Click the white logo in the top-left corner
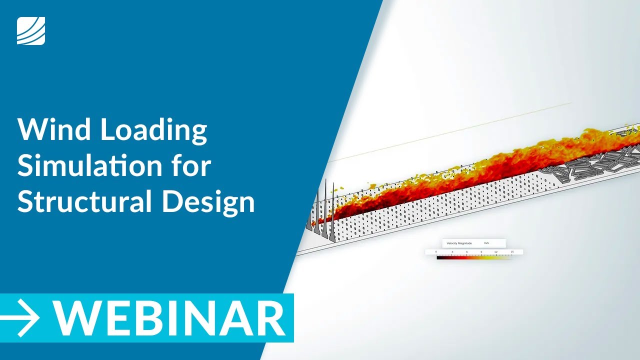(31, 31)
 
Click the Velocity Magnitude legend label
(459, 243)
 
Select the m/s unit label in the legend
(486, 243)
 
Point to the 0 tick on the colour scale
(436, 252)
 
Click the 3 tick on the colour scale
(451, 252)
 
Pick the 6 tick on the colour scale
(466, 252)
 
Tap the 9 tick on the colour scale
(481, 252)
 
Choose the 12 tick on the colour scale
(496, 252)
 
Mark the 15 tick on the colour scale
(511, 252)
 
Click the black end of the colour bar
(440, 258)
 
